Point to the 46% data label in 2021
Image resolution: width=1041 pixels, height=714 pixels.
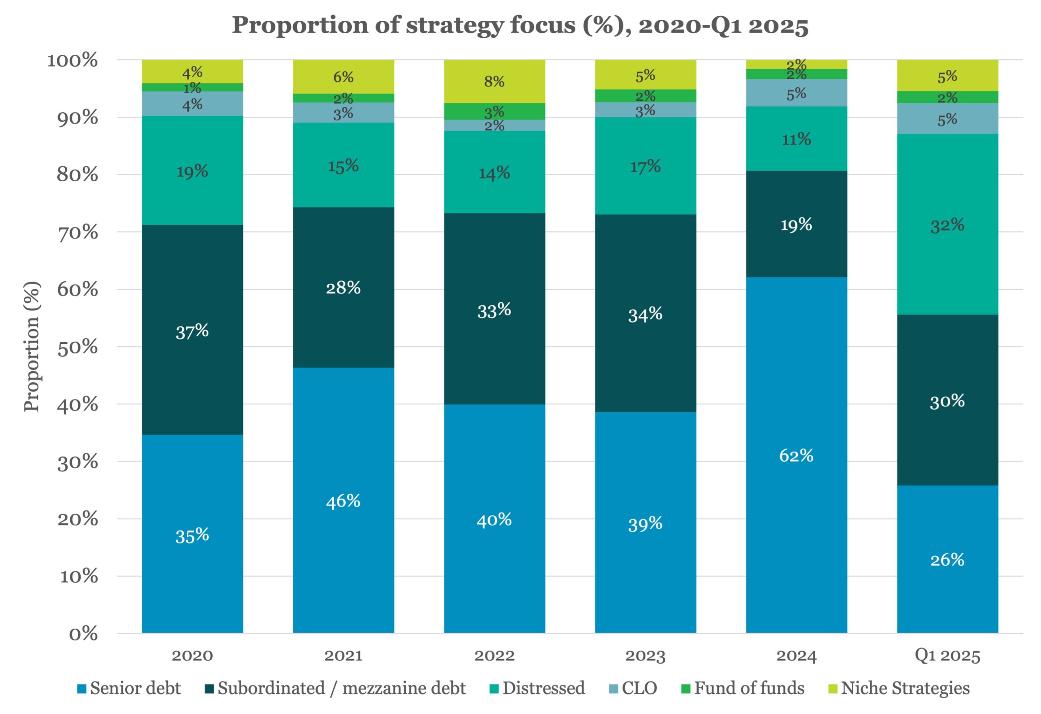(x=343, y=501)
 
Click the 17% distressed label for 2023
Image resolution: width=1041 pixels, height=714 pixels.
(x=645, y=167)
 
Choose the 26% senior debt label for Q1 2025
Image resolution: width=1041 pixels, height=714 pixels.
(x=947, y=560)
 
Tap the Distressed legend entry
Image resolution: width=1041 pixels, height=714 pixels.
(x=538, y=688)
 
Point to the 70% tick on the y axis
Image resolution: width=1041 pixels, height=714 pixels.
(x=78, y=232)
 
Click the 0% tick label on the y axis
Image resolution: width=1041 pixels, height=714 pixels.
(x=83, y=634)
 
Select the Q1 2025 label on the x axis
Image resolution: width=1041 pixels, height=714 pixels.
(x=947, y=656)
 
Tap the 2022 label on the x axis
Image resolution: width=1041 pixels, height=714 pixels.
(x=494, y=656)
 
